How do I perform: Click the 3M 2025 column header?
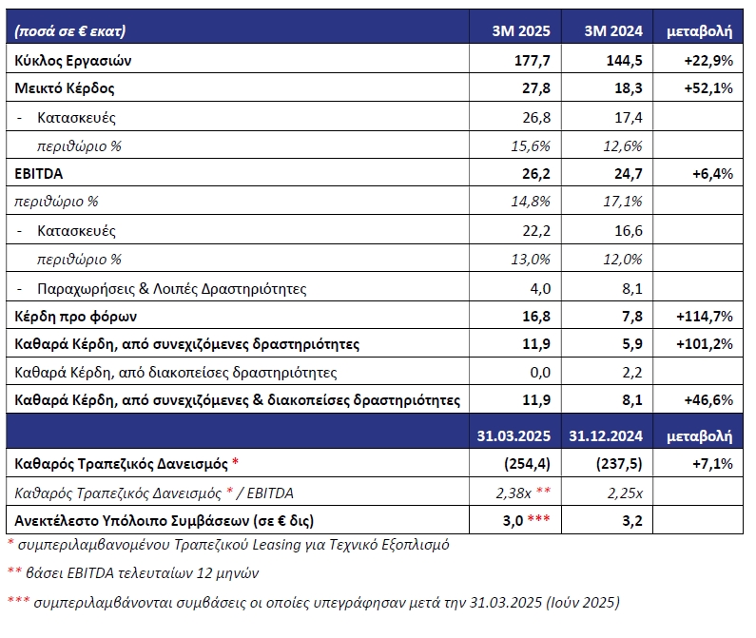pyautogui.click(x=521, y=30)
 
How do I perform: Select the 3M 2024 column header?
pyautogui.click(x=613, y=30)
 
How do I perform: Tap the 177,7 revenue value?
pyautogui.click(x=533, y=60)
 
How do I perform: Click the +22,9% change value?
pyautogui.click(x=708, y=60)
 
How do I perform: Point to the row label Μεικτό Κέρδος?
pyautogui.click(x=65, y=88)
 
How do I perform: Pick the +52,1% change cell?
pyautogui.click(x=708, y=88)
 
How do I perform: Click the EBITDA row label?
pyautogui.click(x=39, y=174)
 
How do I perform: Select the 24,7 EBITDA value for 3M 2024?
pyautogui.click(x=629, y=174)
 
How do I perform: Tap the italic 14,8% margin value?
pyautogui.click(x=531, y=201)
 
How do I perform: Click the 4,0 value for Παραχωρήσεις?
pyautogui.click(x=540, y=288)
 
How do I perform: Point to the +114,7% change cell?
pyautogui.click(x=705, y=317)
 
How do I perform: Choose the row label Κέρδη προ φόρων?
pyautogui.click(x=76, y=317)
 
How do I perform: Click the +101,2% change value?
pyautogui.click(x=705, y=344)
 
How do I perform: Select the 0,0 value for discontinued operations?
pyautogui.click(x=540, y=373)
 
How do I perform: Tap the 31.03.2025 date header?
pyautogui.click(x=514, y=435)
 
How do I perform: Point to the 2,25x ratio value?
pyautogui.click(x=625, y=493)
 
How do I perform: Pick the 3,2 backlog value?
pyautogui.click(x=632, y=521)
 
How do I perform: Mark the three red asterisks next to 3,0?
pyautogui.click(x=538, y=518)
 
